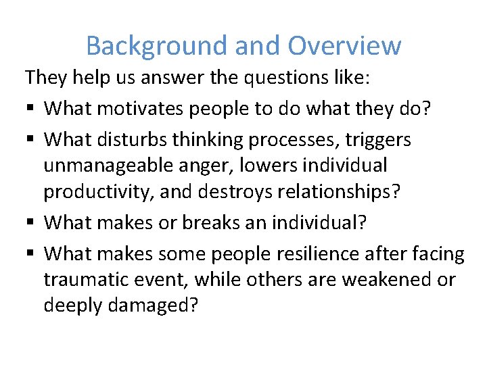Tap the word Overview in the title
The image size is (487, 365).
344,46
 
